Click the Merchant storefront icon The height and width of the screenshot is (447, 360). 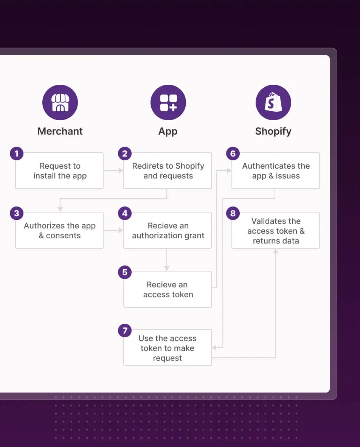tap(60, 102)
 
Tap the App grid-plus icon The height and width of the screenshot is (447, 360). tap(168, 102)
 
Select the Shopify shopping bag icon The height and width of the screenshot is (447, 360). tap(273, 102)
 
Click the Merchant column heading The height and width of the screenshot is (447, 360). tap(60, 131)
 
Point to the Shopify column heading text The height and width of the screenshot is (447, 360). tap(273, 132)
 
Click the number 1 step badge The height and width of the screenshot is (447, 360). tap(17, 154)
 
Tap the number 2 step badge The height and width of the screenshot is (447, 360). tap(125, 154)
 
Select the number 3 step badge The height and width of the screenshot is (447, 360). tap(17, 213)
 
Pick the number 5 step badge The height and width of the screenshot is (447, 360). tap(125, 272)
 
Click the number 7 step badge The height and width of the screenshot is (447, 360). tap(125, 331)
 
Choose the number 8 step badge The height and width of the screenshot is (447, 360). tap(233, 213)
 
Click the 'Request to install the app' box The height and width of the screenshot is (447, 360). tap(59, 171)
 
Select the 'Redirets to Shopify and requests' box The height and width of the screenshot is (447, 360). tap(168, 171)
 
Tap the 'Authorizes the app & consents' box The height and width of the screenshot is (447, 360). tap(59, 230)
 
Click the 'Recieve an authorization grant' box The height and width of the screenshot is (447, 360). tap(168, 230)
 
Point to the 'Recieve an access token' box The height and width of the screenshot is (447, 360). tap(168, 289)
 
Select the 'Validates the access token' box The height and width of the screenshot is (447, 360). tap(276, 230)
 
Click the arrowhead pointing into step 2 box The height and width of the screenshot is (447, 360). tap(121, 171)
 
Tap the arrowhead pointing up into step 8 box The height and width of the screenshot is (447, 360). tap(276, 251)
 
